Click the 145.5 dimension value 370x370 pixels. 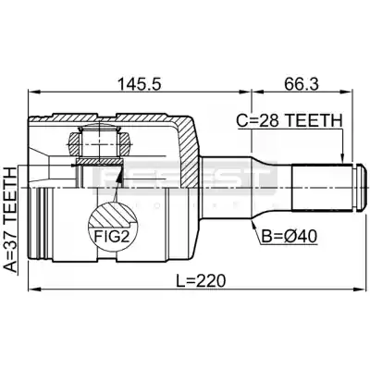140,84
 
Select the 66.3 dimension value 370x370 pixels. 302,84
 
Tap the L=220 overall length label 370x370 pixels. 201,280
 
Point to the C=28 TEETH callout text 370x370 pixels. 290,121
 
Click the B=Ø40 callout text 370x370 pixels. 290,237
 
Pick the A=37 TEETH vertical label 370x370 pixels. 11,220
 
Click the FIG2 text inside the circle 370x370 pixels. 111,237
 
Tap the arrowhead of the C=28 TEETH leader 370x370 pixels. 342,158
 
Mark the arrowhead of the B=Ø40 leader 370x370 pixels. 254,225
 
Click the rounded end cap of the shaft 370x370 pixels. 361,187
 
